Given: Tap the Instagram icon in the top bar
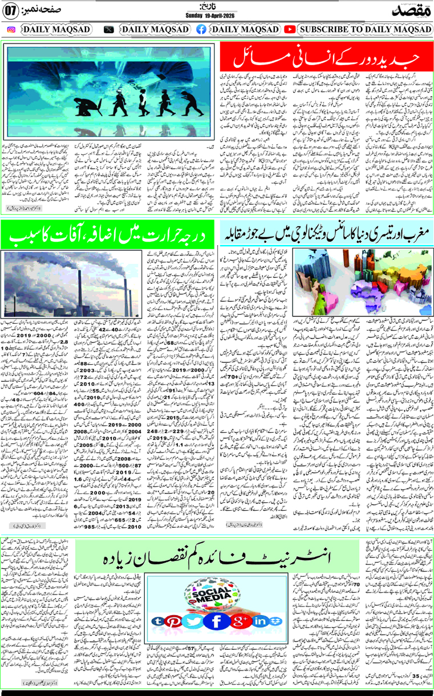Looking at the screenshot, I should [11, 29].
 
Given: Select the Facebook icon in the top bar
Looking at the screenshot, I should [201, 29].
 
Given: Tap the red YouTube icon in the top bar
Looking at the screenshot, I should [290, 29].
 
